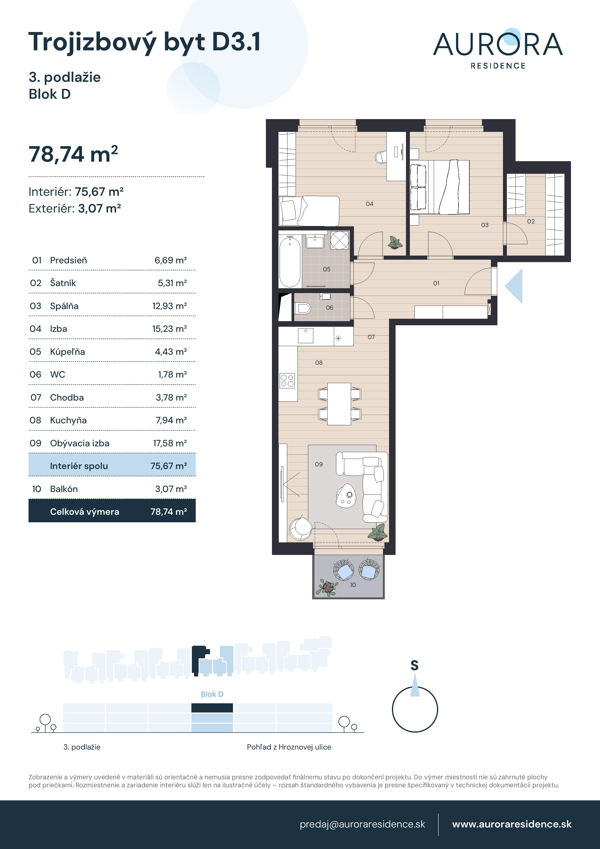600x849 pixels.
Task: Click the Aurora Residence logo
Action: coord(498,49)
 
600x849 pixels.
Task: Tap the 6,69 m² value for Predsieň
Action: coord(170,260)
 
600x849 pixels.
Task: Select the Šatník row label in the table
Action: coord(63,283)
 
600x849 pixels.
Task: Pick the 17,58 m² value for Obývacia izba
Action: coord(170,443)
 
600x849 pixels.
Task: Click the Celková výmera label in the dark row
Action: coord(85,512)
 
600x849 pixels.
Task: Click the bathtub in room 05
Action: coord(290,262)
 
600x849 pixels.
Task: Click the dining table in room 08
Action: coord(339,404)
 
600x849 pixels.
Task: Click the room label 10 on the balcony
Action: coord(353,585)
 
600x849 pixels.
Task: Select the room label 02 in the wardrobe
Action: coord(531,221)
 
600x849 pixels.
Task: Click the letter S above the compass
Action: coord(414,666)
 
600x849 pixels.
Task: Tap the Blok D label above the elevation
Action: coord(212,694)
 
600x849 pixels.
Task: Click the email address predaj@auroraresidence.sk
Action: coord(362,824)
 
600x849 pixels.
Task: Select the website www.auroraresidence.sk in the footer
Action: coord(512,824)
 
